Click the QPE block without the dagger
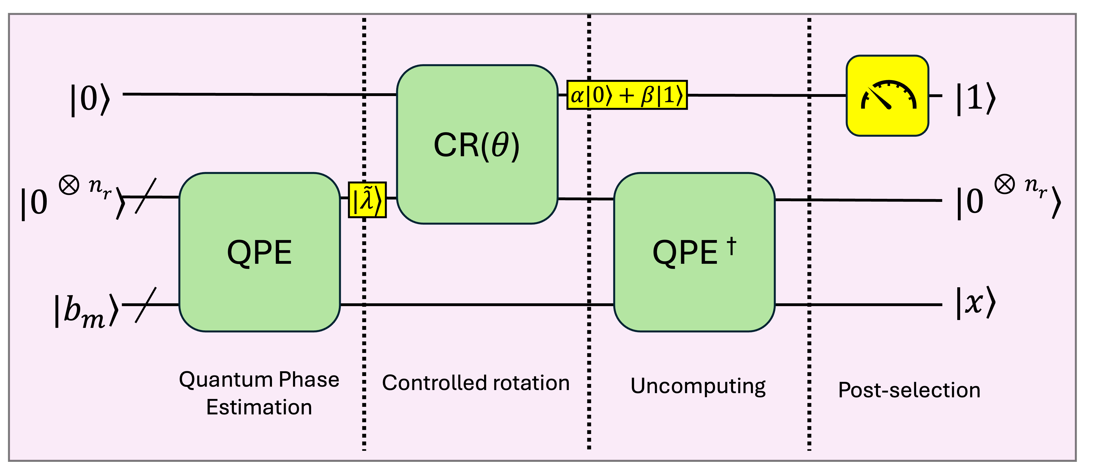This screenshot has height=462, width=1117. [259, 253]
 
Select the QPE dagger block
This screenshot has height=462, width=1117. [694, 253]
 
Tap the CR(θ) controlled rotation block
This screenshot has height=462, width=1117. [477, 144]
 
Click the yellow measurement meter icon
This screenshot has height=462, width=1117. [887, 96]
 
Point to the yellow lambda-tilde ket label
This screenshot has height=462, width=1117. [367, 200]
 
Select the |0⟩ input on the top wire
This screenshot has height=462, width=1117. [90, 99]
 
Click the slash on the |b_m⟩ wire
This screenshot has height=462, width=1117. [146, 305]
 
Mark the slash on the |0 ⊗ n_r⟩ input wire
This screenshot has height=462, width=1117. [146, 196]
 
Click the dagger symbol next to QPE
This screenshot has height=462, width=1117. [731, 246]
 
